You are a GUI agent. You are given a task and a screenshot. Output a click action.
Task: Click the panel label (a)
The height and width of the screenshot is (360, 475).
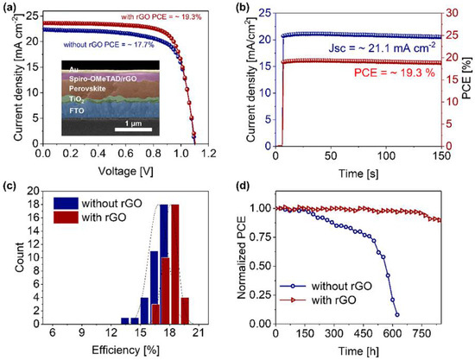tap(9, 7)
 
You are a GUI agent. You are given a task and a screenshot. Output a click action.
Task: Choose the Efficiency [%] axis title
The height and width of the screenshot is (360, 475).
tap(119, 350)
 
